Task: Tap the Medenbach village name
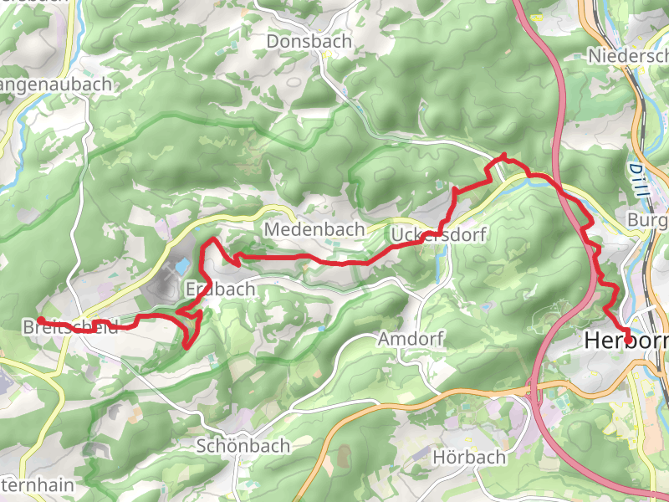coord(314,228)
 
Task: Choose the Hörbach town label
coord(469,457)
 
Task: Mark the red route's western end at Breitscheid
coord(39,320)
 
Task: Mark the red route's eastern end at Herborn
coord(629,339)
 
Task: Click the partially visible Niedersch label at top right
coord(628,55)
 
